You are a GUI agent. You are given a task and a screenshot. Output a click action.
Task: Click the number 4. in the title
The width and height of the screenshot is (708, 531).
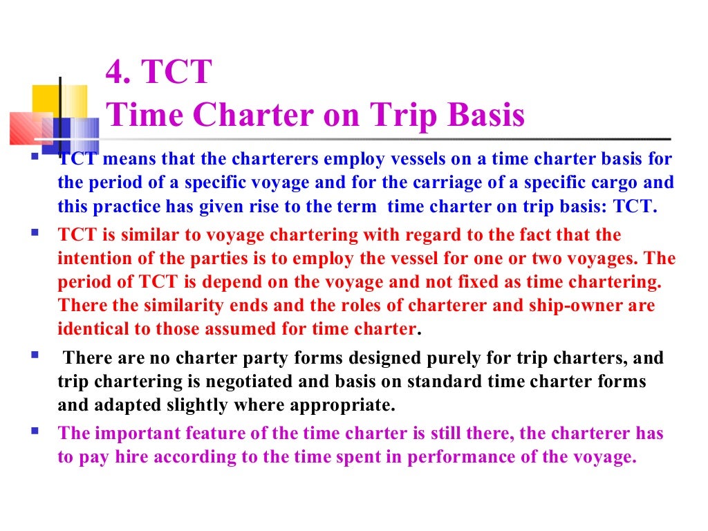[x=118, y=73]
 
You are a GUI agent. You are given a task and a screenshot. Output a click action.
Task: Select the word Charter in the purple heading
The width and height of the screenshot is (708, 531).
[x=250, y=115]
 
